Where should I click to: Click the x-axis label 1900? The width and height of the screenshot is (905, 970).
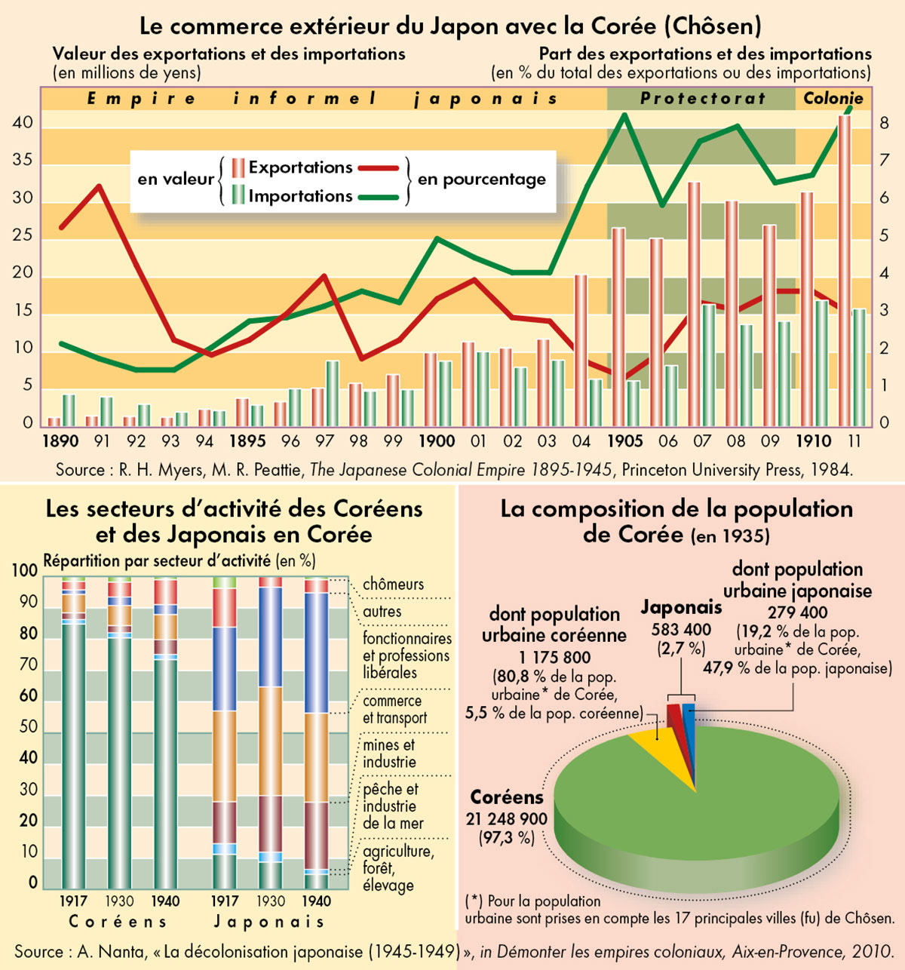click(437, 441)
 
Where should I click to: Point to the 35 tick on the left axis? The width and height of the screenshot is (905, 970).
click(23, 161)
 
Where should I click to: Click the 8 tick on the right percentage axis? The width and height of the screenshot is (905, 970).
click(883, 123)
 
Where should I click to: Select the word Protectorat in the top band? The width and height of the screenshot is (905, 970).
click(703, 99)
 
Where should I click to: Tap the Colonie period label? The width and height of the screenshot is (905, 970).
click(833, 99)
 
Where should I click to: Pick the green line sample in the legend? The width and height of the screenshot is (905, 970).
click(377, 197)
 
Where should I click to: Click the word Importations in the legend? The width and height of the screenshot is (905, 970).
click(300, 197)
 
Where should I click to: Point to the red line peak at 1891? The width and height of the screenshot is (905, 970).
click(99, 186)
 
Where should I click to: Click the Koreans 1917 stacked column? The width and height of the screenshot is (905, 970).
click(74, 732)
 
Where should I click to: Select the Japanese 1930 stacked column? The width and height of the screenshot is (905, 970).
click(270, 732)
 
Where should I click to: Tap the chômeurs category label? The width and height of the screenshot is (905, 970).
click(393, 585)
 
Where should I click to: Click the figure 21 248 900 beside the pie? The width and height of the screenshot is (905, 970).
click(507, 819)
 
